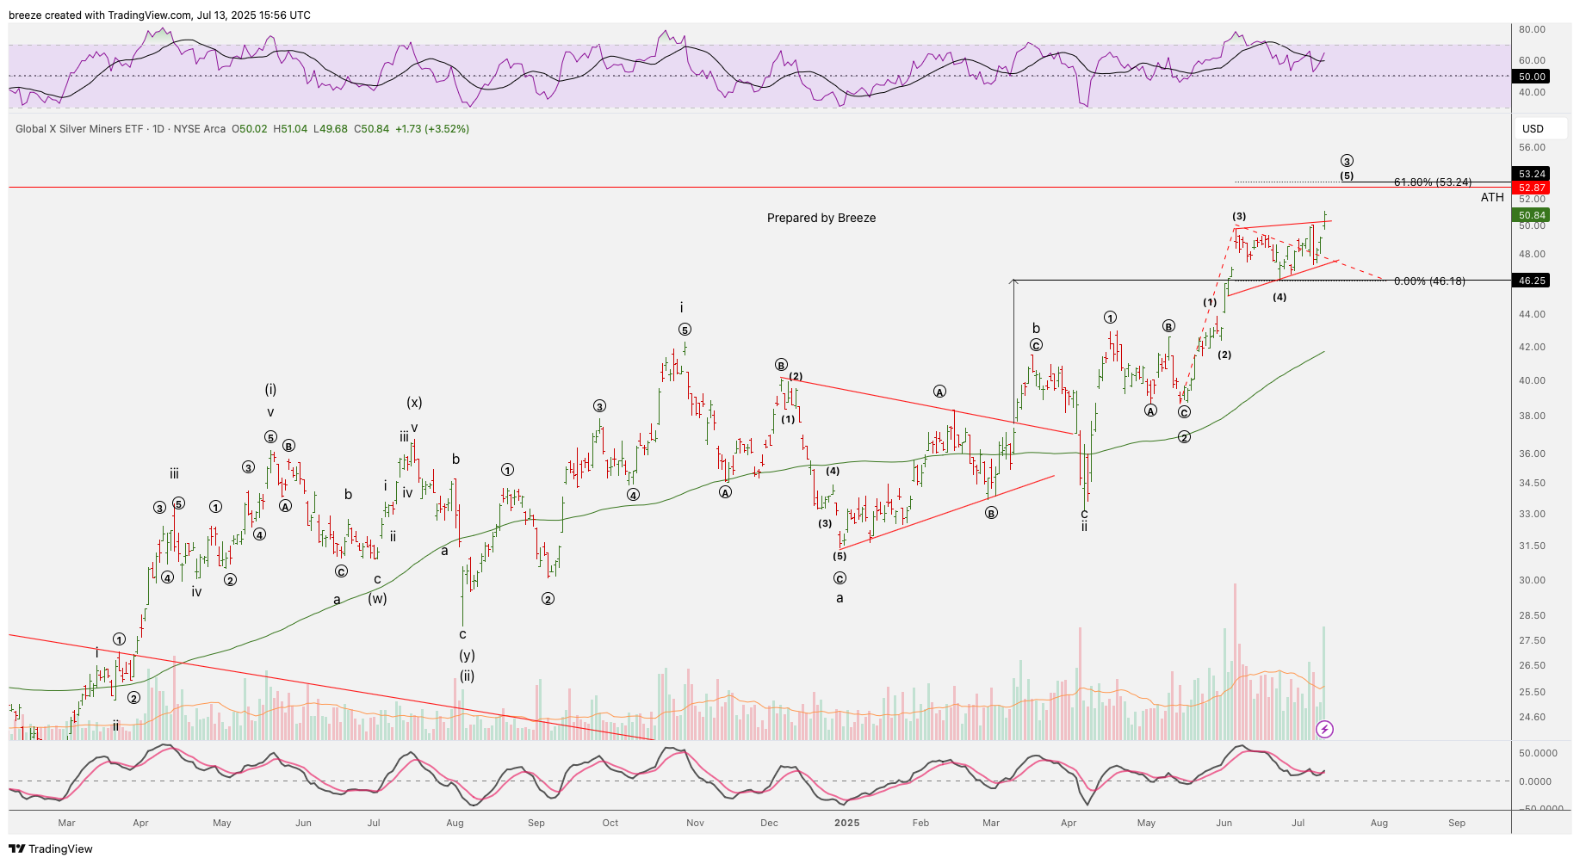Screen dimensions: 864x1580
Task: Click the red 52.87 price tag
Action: point(1532,188)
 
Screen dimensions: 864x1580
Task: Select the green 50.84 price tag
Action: point(1532,215)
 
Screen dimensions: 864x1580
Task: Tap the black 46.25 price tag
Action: point(1532,281)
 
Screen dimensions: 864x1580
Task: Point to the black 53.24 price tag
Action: point(1532,174)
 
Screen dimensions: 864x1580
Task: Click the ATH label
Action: point(1492,198)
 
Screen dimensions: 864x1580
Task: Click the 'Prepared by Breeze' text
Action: point(821,218)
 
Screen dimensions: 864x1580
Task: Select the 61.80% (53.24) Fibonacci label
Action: point(1432,182)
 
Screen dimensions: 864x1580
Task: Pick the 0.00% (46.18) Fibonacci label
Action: point(1428,281)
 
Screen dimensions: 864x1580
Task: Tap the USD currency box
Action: point(1533,129)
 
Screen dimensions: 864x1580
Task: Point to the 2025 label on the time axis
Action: point(846,823)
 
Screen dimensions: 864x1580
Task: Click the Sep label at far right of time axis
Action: point(1456,823)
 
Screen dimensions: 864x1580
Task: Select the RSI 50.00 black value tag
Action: point(1532,77)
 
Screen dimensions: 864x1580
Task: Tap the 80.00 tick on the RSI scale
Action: point(1532,29)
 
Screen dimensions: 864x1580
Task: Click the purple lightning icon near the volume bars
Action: point(1324,730)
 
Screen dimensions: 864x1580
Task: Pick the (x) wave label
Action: point(414,403)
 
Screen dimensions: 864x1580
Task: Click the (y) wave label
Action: point(467,655)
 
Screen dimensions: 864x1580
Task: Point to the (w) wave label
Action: point(377,598)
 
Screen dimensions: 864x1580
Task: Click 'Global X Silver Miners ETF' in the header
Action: point(79,129)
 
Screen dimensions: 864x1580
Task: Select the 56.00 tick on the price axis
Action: point(1532,148)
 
